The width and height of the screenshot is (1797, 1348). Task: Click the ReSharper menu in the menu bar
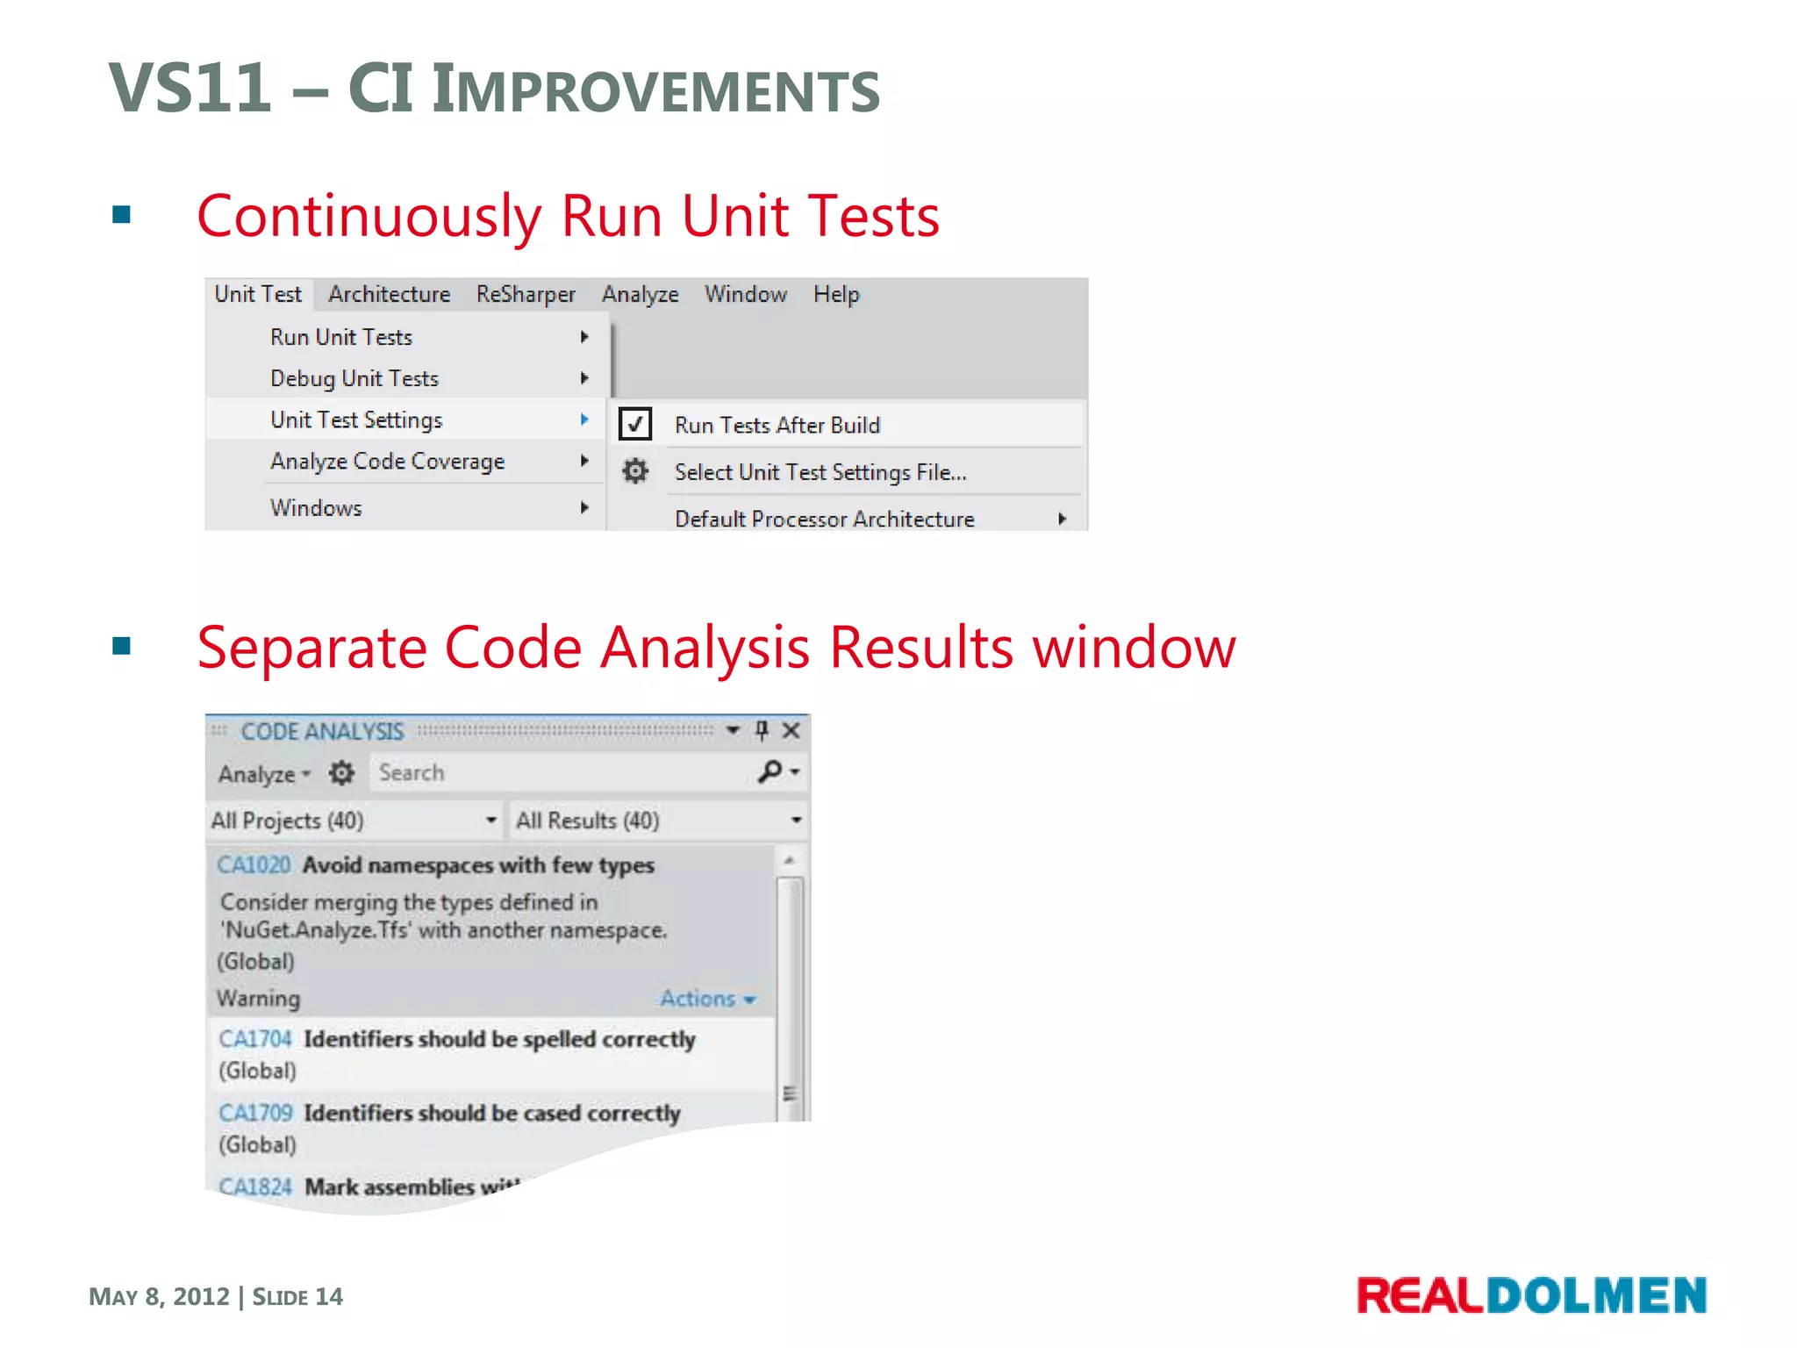point(525,294)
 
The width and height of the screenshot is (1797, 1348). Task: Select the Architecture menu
point(389,294)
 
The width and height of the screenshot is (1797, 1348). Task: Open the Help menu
point(835,294)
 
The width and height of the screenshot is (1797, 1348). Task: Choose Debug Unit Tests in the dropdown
point(354,378)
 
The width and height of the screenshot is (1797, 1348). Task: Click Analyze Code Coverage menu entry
point(387,461)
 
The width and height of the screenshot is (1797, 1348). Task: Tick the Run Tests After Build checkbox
point(635,424)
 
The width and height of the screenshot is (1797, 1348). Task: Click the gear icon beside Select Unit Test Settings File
point(635,471)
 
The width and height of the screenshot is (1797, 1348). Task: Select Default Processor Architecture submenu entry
point(824,519)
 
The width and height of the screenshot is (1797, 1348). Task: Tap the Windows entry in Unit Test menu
point(316,507)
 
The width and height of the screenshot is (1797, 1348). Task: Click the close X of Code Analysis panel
point(791,730)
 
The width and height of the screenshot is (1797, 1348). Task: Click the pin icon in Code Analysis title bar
point(762,730)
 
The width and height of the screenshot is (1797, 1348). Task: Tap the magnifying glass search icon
point(770,771)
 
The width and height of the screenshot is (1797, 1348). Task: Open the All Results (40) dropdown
point(658,820)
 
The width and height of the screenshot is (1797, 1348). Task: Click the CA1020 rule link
point(254,864)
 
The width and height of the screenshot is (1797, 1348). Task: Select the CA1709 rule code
point(255,1112)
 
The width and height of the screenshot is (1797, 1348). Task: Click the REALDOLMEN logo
point(1531,1295)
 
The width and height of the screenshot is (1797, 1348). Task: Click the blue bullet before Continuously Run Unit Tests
point(122,215)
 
